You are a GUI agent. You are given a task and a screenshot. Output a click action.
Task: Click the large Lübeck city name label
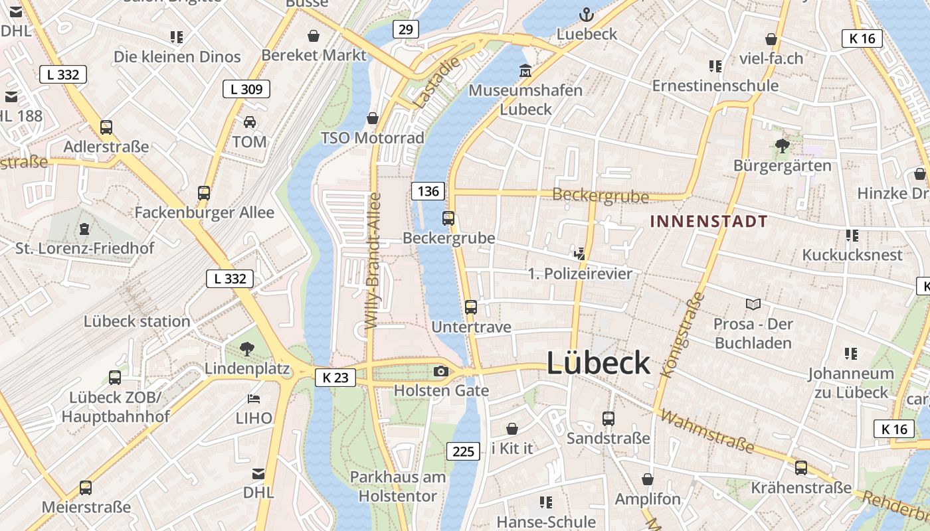click(598, 363)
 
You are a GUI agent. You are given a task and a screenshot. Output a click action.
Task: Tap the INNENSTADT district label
click(708, 222)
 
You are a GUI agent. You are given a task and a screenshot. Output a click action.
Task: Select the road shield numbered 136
click(428, 191)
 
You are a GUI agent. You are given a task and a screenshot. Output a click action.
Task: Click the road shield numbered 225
click(462, 452)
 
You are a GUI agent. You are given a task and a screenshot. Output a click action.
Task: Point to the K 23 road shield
click(335, 378)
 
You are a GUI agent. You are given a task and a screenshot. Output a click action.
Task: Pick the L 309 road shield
click(246, 89)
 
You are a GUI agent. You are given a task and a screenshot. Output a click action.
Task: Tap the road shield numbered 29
click(406, 29)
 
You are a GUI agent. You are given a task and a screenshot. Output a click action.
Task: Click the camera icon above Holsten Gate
click(440, 371)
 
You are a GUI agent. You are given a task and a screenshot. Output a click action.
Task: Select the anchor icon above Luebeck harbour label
click(586, 14)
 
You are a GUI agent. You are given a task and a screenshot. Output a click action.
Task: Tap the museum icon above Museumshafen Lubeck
click(525, 70)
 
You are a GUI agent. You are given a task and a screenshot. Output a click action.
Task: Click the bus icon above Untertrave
click(471, 307)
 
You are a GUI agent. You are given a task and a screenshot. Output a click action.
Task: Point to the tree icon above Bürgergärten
click(782, 145)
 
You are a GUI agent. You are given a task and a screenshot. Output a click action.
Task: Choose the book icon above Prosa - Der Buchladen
click(753, 304)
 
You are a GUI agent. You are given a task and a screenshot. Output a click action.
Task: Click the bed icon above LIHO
click(253, 398)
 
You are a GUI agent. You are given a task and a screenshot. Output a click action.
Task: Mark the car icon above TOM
click(250, 121)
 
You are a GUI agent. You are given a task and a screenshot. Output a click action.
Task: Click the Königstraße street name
click(682, 335)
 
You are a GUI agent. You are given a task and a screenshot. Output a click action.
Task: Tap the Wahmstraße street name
click(708, 431)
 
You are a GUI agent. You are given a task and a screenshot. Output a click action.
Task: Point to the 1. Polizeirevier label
click(580, 273)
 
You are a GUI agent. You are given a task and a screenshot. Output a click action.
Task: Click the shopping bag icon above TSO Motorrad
click(373, 118)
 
